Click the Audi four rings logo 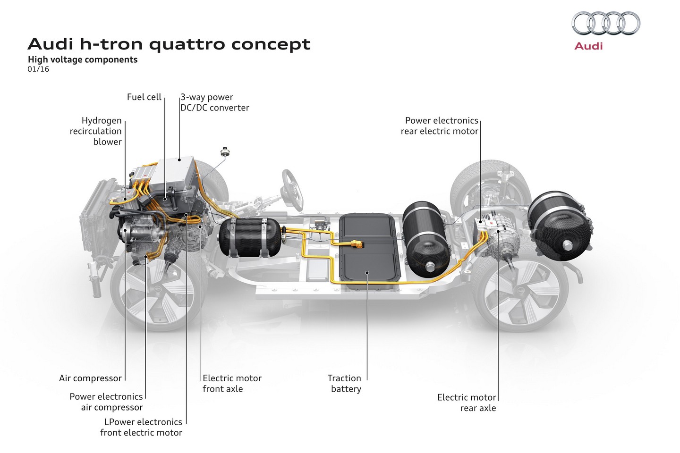point(605,24)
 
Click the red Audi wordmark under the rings point(588,46)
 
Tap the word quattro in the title point(187,44)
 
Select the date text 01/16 point(38,69)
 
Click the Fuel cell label point(144,97)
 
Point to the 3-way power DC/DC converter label point(214,102)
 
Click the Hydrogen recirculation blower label point(96,131)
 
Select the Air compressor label point(90,378)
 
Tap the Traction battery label point(345,384)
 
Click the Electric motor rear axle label point(467,403)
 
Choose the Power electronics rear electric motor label point(440,126)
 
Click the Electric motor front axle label point(231,384)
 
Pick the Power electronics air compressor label point(106,402)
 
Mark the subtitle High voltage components point(83,60)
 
